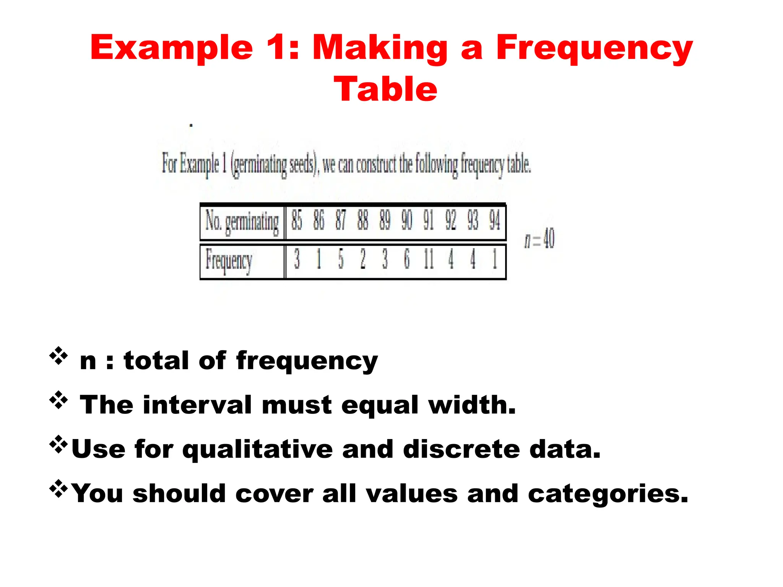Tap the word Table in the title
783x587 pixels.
[x=385, y=89]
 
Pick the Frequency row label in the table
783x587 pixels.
[x=229, y=260]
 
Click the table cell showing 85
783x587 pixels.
[x=297, y=221]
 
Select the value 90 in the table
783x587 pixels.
[x=407, y=221]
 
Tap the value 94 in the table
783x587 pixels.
[x=495, y=221]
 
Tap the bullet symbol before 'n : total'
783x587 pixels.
[x=58, y=356]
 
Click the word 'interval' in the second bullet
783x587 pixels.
[x=197, y=405]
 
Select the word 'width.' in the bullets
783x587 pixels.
[x=472, y=405]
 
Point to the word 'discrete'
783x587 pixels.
[x=461, y=449]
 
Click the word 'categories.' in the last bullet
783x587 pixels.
[x=608, y=494]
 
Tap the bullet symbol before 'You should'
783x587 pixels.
[x=58, y=489]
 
